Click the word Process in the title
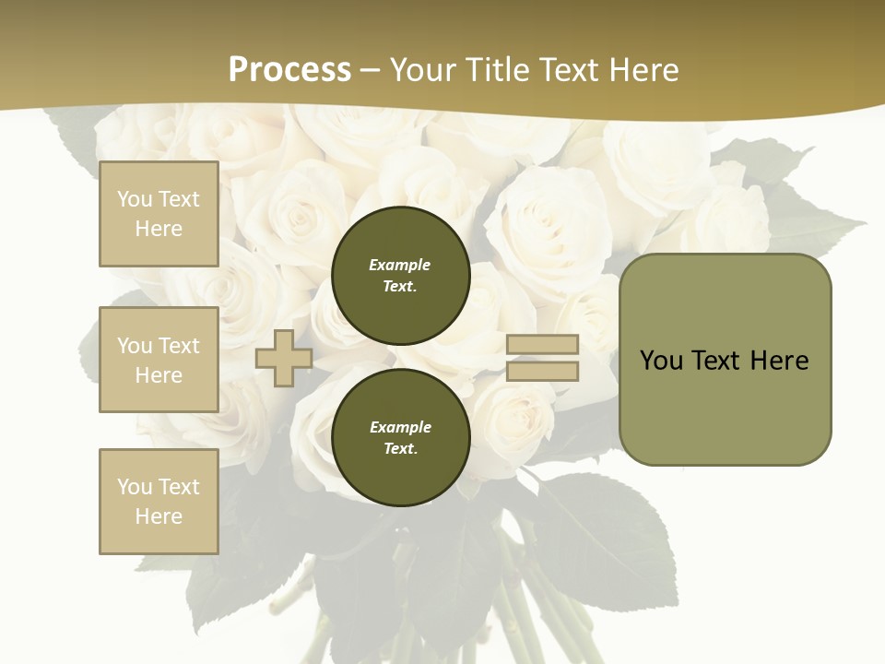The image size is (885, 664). (289, 70)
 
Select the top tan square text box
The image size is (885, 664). (159, 214)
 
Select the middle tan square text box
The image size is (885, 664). (159, 360)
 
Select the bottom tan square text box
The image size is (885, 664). (159, 502)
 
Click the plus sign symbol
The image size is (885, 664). (284, 358)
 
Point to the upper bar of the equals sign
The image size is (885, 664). (542, 344)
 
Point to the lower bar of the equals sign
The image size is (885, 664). (542, 372)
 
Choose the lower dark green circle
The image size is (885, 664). (400, 437)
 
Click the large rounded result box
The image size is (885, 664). (725, 360)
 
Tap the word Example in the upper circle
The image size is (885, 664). (400, 265)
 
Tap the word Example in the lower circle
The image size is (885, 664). (400, 427)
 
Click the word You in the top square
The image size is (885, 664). (135, 199)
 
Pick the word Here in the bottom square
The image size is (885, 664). (159, 516)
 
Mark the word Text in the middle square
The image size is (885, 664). (178, 346)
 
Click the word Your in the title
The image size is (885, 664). (428, 70)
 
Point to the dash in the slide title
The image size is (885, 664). (371, 70)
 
